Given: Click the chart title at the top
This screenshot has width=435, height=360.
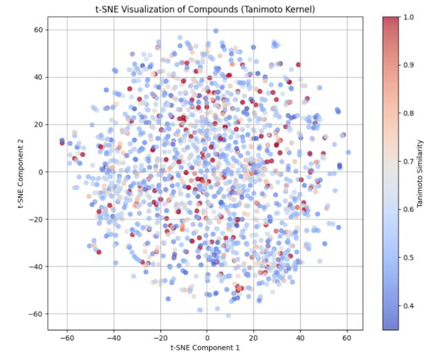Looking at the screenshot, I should click(x=206, y=8).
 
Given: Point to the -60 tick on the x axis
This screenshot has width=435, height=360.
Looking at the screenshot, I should click(x=67, y=338).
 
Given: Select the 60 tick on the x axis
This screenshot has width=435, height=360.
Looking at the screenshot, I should click(x=346, y=338).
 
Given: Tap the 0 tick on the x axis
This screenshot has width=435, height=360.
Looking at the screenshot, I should click(x=206, y=338).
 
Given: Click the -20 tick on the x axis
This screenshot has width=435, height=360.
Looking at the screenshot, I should click(x=160, y=338).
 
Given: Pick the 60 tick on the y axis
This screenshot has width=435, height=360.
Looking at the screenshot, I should click(x=39, y=30).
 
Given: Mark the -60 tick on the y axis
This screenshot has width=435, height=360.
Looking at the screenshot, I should click(x=36, y=314).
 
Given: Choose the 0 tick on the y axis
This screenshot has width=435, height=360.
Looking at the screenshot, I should click(x=41, y=172).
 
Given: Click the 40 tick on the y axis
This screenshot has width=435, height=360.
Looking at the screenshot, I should click(x=39, y=77).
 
